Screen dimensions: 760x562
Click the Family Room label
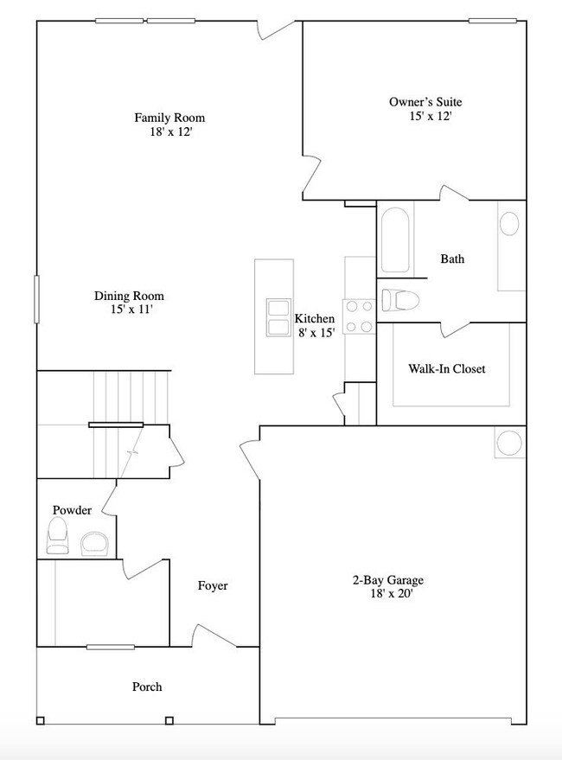pyautogui.click(x=169, y=118)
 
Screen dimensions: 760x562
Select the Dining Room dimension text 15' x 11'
pyautogui.click(x=128, y=309)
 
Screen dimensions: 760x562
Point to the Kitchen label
pyautogui.click(x=314, y=318)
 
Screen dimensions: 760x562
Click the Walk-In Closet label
pyautogui.click(x=446, y=369)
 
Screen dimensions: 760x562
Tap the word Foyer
pyautogui.click(x=213, y=586)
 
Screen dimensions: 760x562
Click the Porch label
pyautogui.click(x=147, y=687)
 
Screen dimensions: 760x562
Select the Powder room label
pyautogui.click(x=72, y=511)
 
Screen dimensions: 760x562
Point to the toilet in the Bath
pyautogui.click(x=400, y=300)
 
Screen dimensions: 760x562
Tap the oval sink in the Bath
pyautogui.click(x=510, y=225)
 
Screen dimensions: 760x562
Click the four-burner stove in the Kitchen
pyautogui.click(x=358, y=316)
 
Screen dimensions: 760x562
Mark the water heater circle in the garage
pyautogui.click(x=508, y=444)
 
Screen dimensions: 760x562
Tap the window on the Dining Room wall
pyautogui.click(x=37, y=300)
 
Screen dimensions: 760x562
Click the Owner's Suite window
pyautogui.click(x=492, y=20)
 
